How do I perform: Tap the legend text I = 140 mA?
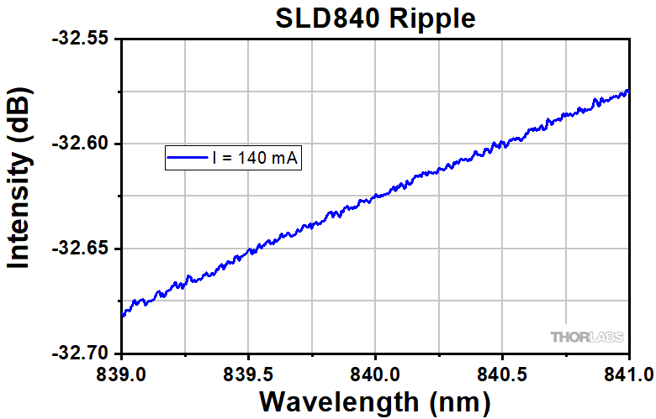tap(255, 157)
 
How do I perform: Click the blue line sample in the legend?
tap(188, 157)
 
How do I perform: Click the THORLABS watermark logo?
tap(588, 337)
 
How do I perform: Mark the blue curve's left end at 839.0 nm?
tap(123, 316)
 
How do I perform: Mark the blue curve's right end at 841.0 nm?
tap(628, 91)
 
